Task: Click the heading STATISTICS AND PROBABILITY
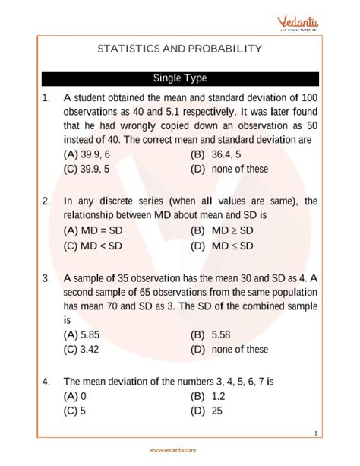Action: click(x=179, y=49)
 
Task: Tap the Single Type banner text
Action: click(x=180, y=78)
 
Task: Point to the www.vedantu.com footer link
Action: click(x=180, y=449)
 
